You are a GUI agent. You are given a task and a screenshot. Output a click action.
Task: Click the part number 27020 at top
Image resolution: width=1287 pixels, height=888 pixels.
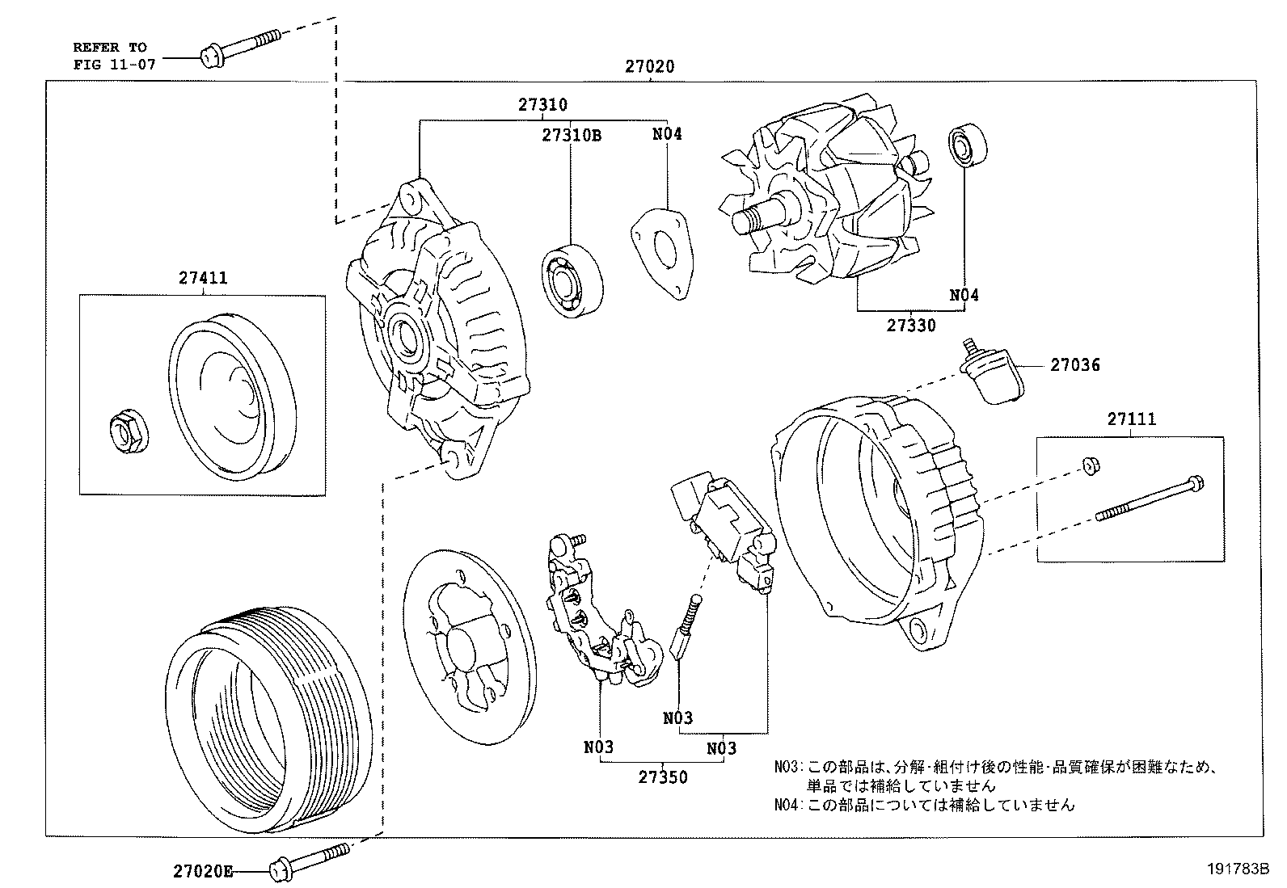(648, 67)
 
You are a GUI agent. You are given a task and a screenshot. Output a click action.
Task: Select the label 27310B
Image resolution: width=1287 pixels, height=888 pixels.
(571, 135)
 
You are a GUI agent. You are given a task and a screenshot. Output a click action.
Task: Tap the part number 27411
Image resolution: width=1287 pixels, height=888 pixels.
(203, 279)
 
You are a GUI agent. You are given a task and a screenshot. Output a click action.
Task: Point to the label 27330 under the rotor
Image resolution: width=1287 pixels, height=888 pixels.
(911, 326)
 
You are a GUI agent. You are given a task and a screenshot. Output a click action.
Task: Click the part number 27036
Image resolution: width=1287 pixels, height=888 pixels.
(1074, 365)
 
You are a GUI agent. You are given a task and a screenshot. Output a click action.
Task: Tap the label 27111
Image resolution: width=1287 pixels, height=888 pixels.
(1131, 419)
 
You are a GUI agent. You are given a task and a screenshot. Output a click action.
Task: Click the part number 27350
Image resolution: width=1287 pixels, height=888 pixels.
(663, 777)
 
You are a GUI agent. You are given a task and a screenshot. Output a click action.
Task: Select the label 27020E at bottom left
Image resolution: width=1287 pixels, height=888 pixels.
(202, 871)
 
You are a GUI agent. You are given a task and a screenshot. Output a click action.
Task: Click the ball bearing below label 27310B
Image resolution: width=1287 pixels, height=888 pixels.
(572, 276)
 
